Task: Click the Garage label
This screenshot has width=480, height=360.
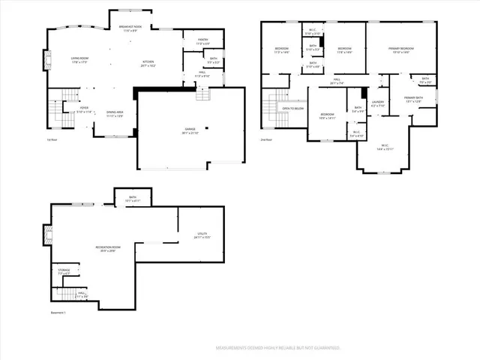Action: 190,130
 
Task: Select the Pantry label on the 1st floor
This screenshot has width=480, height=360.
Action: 202,41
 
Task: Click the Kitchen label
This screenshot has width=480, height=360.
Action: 148,64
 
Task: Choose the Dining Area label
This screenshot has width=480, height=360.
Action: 115,113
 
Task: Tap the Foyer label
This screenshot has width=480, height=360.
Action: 85,109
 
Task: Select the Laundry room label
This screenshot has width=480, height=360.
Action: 378,103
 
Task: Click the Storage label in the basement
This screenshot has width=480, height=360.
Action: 64,271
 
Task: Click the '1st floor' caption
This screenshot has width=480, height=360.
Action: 52,140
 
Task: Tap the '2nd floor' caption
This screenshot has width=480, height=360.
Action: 266,140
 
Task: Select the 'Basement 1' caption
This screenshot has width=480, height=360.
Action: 58,313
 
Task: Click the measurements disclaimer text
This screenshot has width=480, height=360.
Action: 278,348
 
